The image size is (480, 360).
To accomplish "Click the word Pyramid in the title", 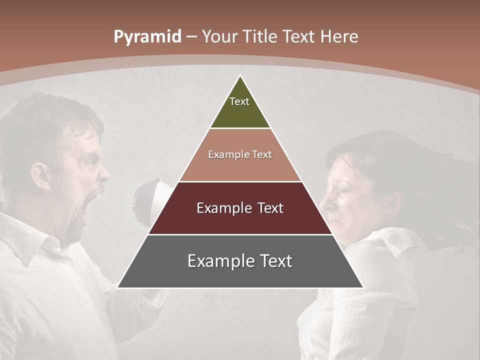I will tap(147, 37).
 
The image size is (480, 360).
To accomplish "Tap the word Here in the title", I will tap(339, 37).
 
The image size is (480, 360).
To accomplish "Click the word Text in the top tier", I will tap(239, 101).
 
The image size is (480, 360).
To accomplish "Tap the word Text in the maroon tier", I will tap(271, 208).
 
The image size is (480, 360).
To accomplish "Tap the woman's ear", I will tap(395, 200).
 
